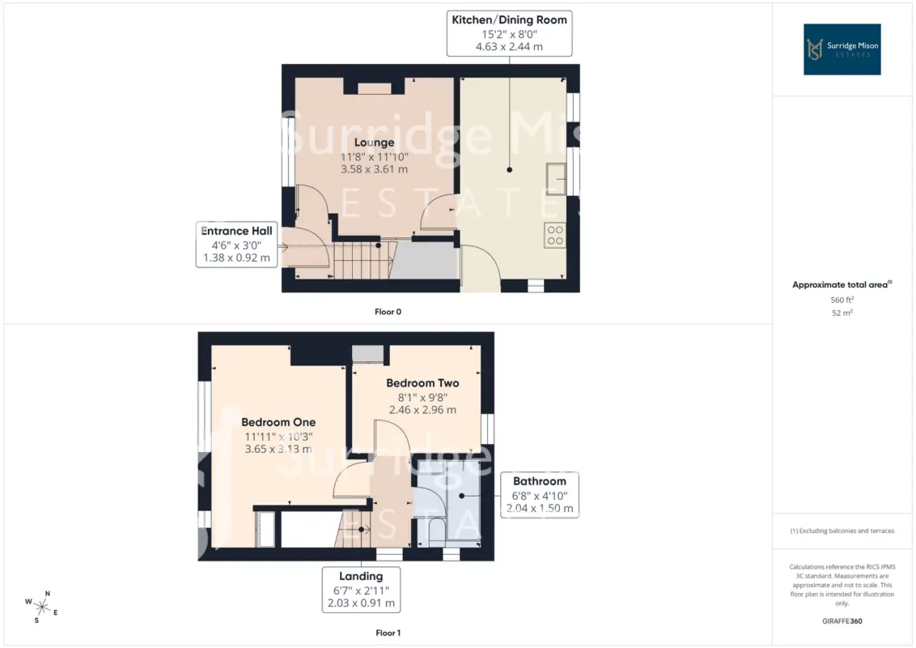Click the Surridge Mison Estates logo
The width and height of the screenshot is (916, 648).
click(x=842, y=49)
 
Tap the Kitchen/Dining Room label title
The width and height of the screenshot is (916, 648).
click(x=510, y=20)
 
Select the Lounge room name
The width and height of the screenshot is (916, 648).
click(x=374, y=142)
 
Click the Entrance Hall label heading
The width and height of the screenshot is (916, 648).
click(x=236, y=230)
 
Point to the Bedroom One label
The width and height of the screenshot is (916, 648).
click(x=278, y=422)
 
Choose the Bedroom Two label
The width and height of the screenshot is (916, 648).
click(x=422, y=383)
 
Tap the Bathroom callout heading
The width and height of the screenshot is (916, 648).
click(x=539, y=481)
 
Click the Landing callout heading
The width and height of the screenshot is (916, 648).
click(x=361, y=576)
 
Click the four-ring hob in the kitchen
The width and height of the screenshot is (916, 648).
click(x=555, y=235)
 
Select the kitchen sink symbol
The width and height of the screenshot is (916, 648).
click(x=556, y=179)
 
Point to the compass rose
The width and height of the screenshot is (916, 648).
click(x=41, y=607)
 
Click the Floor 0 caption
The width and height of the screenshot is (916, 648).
click(x=388, y=312)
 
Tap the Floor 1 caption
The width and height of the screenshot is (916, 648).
click(x=388, y=633)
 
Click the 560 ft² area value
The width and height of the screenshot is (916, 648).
click(x=842, y=300)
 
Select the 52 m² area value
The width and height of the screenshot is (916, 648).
click(x=842, y=313)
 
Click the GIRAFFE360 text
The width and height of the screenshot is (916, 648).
click(x=842, y=621)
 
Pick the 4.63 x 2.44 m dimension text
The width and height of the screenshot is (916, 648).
click(x=509, y=47)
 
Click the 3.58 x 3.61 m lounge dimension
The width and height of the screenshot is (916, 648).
click(x=375, y=169)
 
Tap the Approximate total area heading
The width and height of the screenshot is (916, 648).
click(x=842, y=284)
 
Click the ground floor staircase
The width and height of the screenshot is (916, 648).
click(x=363, y=260)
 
